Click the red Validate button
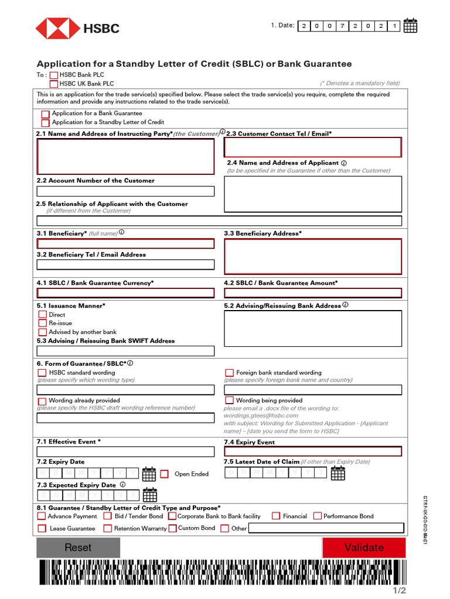[x=364, y=548]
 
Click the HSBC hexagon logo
[x=58, y=28]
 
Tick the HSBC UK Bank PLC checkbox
[x=54, y=84]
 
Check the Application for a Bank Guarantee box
[x=45, y=114]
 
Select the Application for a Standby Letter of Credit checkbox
[x=45, y=123]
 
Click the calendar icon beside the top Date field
[x=410, y=26]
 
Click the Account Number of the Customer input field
[x=125, y=191]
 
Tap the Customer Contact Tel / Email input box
[x=313, y=147]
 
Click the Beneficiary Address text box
[x=313, y=256]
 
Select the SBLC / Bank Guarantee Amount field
[x=313, y=293]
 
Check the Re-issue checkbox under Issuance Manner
[x=43, y=323]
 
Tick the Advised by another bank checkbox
[x=43, y=332]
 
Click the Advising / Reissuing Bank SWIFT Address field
[x=125, y=351]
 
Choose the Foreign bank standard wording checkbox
[x=230, y=373]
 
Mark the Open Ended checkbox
[x=164, y=474]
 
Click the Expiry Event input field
[x=313, y=451]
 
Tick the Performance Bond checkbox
[x=318, y=516]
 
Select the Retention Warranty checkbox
[x=108, y=528]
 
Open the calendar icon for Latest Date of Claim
[x=338, y=473]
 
